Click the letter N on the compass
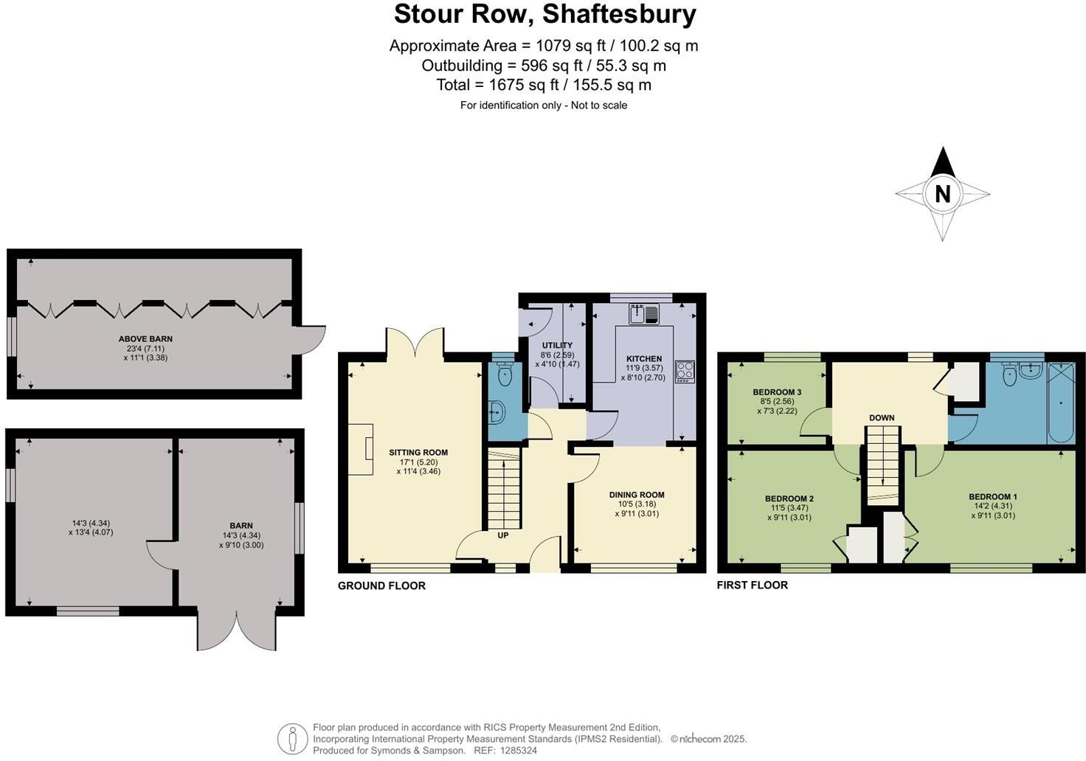942,194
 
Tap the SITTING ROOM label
418,453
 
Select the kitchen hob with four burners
685,371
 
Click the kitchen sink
644,315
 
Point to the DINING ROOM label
636,495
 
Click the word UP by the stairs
502,535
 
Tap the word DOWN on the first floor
882,417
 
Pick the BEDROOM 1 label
992,496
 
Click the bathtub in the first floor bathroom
1061,403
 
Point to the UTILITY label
557,345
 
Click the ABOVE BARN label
145,339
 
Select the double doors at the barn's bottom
237,630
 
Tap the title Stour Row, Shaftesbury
544,14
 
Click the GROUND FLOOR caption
381,585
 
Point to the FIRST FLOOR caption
753,585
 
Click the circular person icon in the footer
292,738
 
